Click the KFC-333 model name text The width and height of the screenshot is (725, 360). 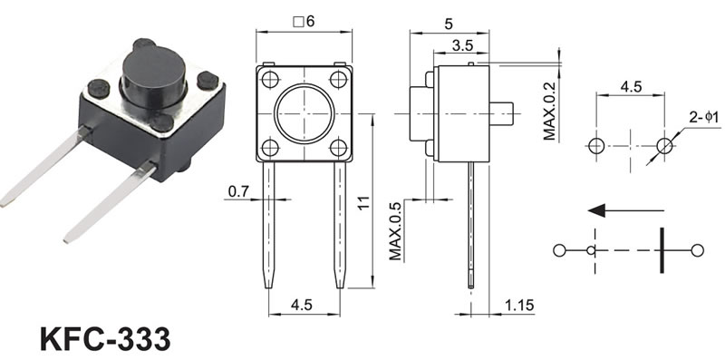105,339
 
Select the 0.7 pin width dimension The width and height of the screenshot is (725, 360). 238,190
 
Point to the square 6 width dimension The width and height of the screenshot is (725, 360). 304,22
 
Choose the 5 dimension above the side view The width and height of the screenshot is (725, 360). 449,24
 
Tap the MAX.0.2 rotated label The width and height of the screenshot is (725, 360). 549,112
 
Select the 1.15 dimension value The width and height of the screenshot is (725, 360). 519,305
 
